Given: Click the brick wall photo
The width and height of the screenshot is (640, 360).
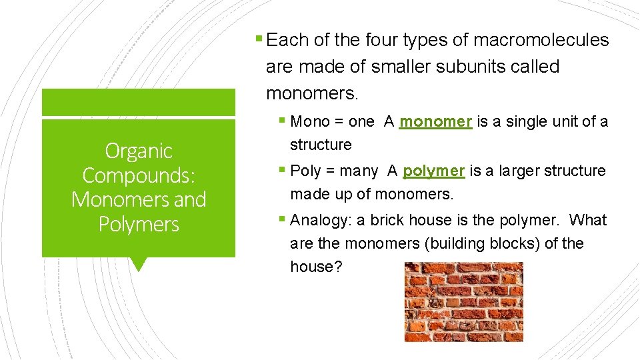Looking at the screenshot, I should point(463,301).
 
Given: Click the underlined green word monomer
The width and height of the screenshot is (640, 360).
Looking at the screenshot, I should point(435,122).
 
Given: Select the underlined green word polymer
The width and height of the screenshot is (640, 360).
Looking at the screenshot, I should point(433,171).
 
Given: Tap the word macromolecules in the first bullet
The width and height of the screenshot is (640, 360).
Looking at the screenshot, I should point(541,41).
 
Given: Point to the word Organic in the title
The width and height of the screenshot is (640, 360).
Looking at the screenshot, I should point(139,151).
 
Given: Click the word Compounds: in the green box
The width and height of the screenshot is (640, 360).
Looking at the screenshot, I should point(139,175).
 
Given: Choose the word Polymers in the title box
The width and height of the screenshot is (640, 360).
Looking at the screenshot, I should point(139,225).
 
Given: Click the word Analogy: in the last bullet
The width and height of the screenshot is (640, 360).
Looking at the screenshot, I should point(318,221).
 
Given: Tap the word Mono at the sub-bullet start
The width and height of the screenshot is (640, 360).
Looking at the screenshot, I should point(310,122).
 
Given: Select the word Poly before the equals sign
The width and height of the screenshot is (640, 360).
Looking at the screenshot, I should point(306,171).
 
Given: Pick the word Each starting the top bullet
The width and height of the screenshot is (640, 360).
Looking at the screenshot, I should point(287,41).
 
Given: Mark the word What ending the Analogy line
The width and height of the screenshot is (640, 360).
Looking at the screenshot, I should point(588,221).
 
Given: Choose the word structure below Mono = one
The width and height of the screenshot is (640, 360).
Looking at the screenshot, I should point(321,145).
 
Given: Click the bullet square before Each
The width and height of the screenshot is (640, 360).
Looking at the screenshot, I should point(259,39).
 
